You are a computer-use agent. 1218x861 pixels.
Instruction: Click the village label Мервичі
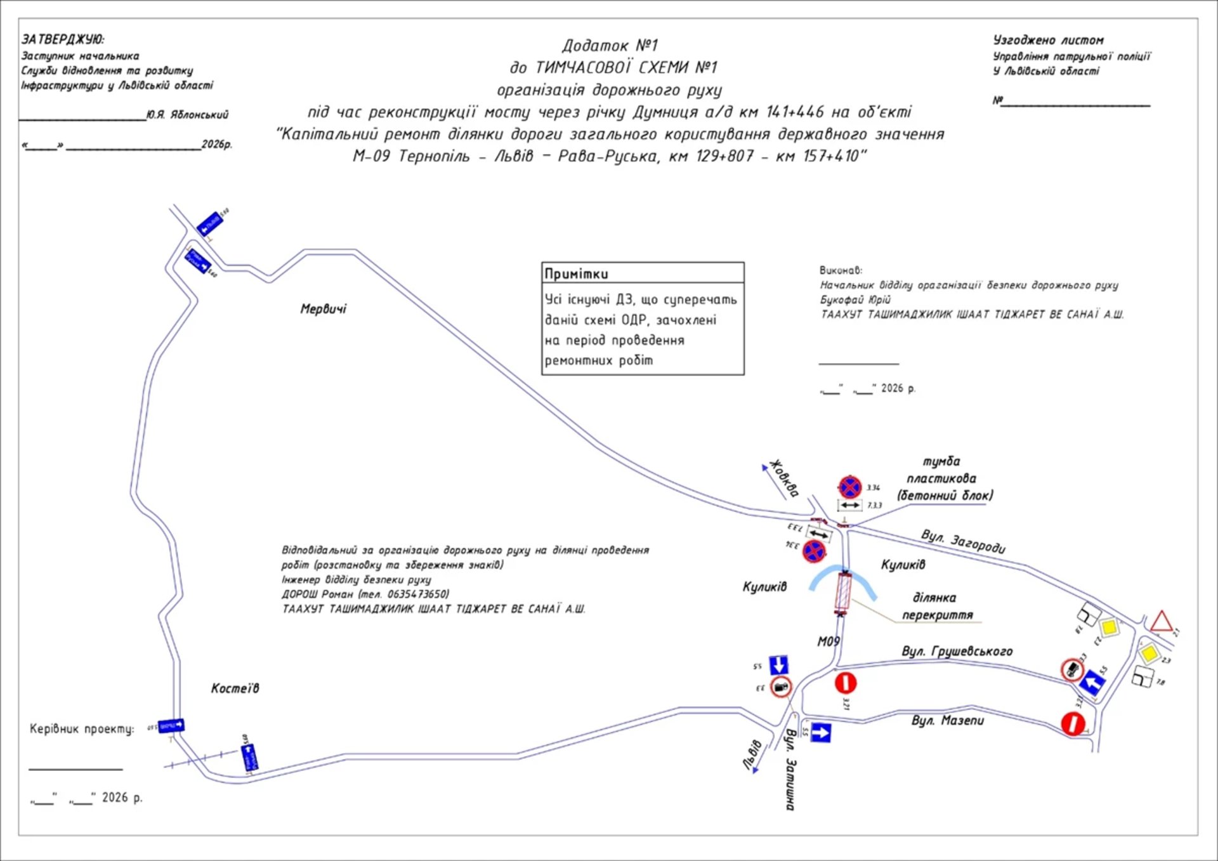(324, 309)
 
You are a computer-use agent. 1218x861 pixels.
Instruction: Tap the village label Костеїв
(235, 688)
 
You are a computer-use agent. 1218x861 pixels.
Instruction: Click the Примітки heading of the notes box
(576, 274)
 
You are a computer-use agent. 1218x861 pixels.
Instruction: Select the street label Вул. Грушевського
(957, 652)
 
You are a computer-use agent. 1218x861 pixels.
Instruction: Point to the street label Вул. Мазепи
(948, 720)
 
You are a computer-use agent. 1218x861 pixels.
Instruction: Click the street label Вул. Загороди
(963, 541)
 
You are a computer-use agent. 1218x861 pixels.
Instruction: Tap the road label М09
(828, 641)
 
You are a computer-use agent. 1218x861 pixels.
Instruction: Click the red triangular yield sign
(1161, 621)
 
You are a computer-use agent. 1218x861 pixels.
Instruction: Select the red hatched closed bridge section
(843, 592)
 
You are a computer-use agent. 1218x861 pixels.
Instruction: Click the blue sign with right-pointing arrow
(820, 733)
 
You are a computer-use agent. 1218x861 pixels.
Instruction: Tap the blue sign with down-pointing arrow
(778, 665)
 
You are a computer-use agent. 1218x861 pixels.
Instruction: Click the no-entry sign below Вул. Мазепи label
(1073, 723)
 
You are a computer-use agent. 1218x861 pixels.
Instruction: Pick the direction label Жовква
(785, 478)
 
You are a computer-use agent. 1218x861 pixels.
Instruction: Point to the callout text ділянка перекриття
(936, 606)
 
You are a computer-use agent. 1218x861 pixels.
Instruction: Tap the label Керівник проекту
(82, 729)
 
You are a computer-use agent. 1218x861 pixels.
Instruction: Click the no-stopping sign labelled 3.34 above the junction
(849, 487)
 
